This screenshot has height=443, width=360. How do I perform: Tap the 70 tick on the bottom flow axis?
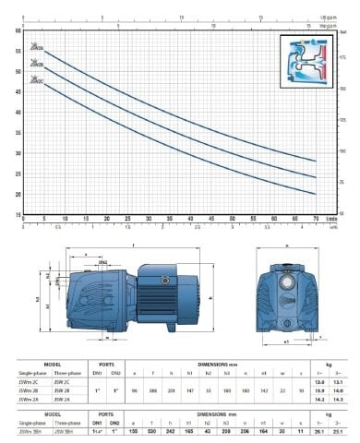[315, 219]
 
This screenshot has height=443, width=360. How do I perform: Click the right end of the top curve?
[316, 161]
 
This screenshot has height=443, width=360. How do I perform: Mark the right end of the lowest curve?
[316, 194]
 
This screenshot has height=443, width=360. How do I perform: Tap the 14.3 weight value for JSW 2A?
[339, 398]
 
